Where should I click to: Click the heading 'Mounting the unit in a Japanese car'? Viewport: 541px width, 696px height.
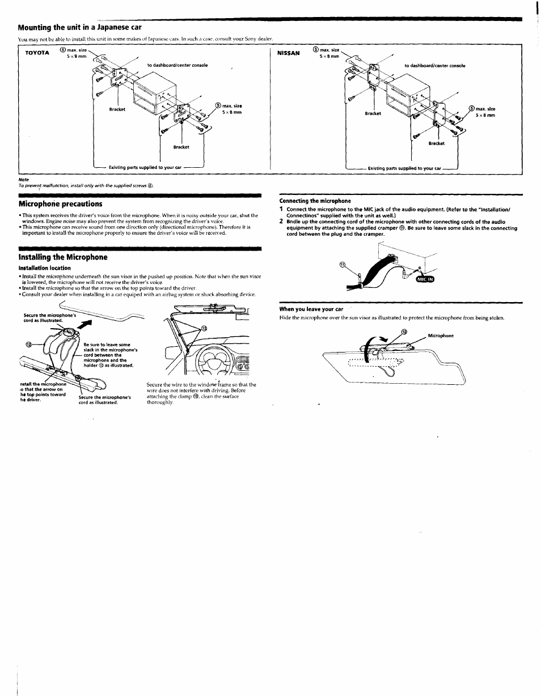tap(79, 27)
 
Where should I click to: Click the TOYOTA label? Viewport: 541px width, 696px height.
tap(37, 53)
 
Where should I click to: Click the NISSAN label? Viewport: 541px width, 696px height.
tap(288, 53)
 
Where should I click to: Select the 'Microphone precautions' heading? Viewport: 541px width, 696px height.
tap(60, 203)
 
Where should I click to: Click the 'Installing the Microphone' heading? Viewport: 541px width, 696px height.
tap(62, 257)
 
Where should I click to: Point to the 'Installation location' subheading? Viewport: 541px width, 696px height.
tap(44, 268)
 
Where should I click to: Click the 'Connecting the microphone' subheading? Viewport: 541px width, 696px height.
tap(315, 201)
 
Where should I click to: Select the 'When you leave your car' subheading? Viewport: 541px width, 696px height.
tap(311, 309)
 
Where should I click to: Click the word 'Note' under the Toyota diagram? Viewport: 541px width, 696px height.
tap(23, 180)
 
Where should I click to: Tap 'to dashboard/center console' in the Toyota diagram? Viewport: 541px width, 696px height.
tap(177, 65)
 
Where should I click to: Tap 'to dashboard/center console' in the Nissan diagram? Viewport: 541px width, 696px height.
tap(434, 66)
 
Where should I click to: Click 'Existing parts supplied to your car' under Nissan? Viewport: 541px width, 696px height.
tap(404, 168)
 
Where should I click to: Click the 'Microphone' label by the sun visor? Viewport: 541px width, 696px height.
tap(441, 336)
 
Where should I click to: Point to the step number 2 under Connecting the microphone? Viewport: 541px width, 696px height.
tap(281, 222)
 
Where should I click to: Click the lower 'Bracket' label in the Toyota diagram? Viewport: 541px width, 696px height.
tap(181, 147)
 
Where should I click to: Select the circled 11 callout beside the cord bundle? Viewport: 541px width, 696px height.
tap(343, 265)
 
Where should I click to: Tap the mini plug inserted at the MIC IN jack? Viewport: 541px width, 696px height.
tap(407, 273)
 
